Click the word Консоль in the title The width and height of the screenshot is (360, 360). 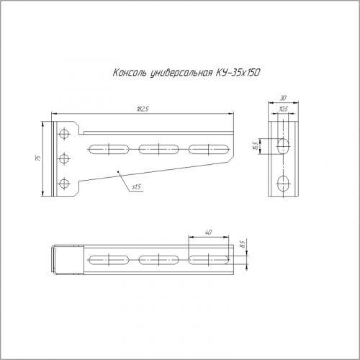130,73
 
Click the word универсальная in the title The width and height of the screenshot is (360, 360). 181,73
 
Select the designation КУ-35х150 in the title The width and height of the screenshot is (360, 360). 238,73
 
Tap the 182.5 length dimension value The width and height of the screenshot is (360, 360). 143,109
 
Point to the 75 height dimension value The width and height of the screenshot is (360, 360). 38,158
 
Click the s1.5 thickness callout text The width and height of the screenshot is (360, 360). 136,186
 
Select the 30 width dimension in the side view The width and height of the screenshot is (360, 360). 284,98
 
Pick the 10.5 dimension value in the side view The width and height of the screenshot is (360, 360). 284,109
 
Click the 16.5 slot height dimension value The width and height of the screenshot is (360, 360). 255,146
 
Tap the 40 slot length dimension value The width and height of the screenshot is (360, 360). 208,233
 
